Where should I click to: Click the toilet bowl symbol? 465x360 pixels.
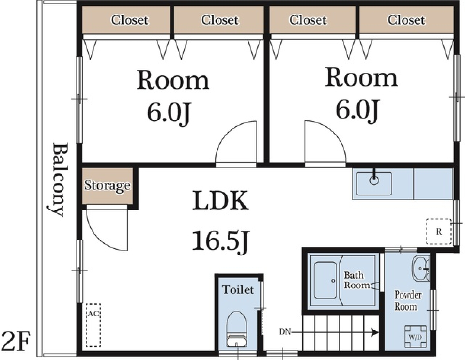point(236,329)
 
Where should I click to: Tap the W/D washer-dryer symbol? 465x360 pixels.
point(416,337)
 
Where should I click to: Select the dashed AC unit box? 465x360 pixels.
point(93,325)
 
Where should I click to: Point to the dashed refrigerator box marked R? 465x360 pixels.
point(439,231)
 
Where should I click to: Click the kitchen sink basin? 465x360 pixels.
point(374,183)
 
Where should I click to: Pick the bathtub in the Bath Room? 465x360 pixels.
point(325,280)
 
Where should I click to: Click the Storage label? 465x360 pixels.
point(108,186)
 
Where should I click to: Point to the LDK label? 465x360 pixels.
point(221,201)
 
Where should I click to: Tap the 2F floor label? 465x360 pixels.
point(15,341)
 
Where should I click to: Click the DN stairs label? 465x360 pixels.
point(285,332)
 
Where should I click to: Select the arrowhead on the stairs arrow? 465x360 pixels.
point(375,332)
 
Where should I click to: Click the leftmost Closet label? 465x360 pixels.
point(130,20)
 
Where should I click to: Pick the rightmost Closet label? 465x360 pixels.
point(406,20)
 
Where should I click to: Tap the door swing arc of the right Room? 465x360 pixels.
point(334,131)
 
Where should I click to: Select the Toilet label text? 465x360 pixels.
point(238,289)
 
